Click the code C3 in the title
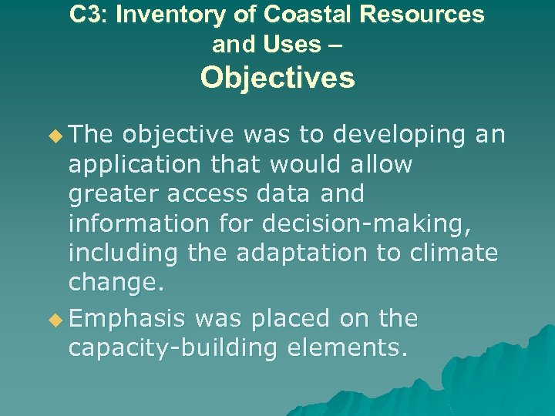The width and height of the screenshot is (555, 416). [84, 15]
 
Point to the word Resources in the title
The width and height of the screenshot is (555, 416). [417, 15]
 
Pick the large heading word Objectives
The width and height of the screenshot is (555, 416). [277, 78]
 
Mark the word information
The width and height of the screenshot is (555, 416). [138, 223]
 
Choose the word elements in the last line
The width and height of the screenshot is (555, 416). [346, 348]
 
